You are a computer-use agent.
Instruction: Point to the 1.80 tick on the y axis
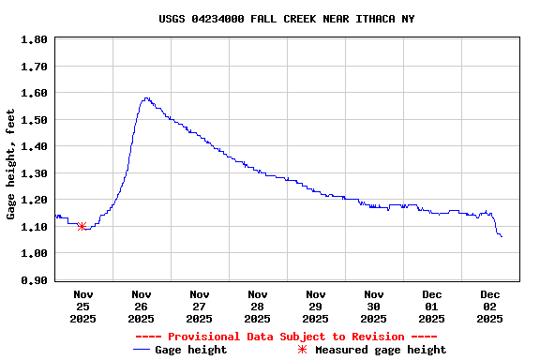pyautogui.click(x=35, y=40)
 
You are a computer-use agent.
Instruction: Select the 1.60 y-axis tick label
pyautogui.click(x=35, y=94)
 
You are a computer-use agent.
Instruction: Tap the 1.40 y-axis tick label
pyautogui.click(x=35, y=147)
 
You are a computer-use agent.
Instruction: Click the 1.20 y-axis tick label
pyautogui.click(x=35, y=201)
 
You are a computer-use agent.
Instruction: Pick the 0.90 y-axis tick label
pyautogui.click(x=35, y=280)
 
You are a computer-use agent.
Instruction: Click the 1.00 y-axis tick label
pyautogui.click(x=35, y=254)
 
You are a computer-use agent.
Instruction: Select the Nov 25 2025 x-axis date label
pyautogui.click(x=82, y=306)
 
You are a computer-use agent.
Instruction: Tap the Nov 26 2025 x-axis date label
pyautogui.click(x=141, y=306)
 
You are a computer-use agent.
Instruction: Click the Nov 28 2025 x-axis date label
pyautogui.click(x=257, y=306)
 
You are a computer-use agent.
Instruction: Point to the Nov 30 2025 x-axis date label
pyautogui.click(x=374, y=306)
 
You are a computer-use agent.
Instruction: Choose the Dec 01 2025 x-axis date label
pyautogui.click(x=432, y=306)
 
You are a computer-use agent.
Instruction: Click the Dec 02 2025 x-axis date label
pyautogui.click(x=490, y=306)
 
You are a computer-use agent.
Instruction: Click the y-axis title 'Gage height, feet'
pyautogui.click(x=11, y=164)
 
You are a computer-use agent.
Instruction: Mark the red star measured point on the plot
pyautogui.click(x=82, y=226)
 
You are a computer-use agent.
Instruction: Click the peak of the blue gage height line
pyautogui.click(x=146, y=98)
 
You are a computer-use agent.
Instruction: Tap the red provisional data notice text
pyautogui.click(x=286, y=337)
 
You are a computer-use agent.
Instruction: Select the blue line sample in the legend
pyautogui.click(x=142, y=350)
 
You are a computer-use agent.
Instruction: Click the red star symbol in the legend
pyautogui.click(x=302, y=350)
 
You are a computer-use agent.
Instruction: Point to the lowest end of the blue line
pyautogui.click(x=502, y=236)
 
